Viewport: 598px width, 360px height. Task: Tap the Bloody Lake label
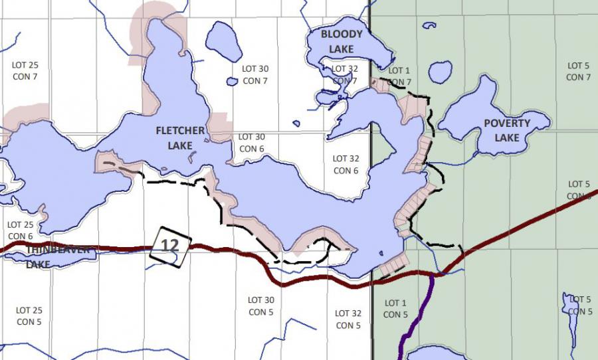click(342, 41)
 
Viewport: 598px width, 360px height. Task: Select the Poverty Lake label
click(507, 130)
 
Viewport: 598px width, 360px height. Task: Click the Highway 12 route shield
click(171, 246)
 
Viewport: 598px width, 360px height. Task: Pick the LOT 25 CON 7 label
click(25, 71)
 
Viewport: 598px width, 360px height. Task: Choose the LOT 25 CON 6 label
click(21, 230)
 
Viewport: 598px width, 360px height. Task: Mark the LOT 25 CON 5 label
click(29, 315)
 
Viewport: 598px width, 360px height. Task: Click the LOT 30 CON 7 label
click(255, 74)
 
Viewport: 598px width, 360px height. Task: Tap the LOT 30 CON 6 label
click(252, 143)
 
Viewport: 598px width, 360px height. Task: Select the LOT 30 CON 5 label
click(261, 306)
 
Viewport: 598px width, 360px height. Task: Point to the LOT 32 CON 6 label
click(346, 165)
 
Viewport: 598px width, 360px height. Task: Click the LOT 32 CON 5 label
click(348, 319)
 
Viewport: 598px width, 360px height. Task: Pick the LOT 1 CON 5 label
click(396, 309)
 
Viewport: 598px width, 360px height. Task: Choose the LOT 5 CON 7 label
click(578, 71)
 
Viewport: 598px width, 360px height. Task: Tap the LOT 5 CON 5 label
click(580, 306)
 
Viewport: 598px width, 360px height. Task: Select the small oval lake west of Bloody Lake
click(223, 41)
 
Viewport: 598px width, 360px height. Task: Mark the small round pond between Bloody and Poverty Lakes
click(440, 72)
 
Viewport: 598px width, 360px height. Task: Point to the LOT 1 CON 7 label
click(399, 76)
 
